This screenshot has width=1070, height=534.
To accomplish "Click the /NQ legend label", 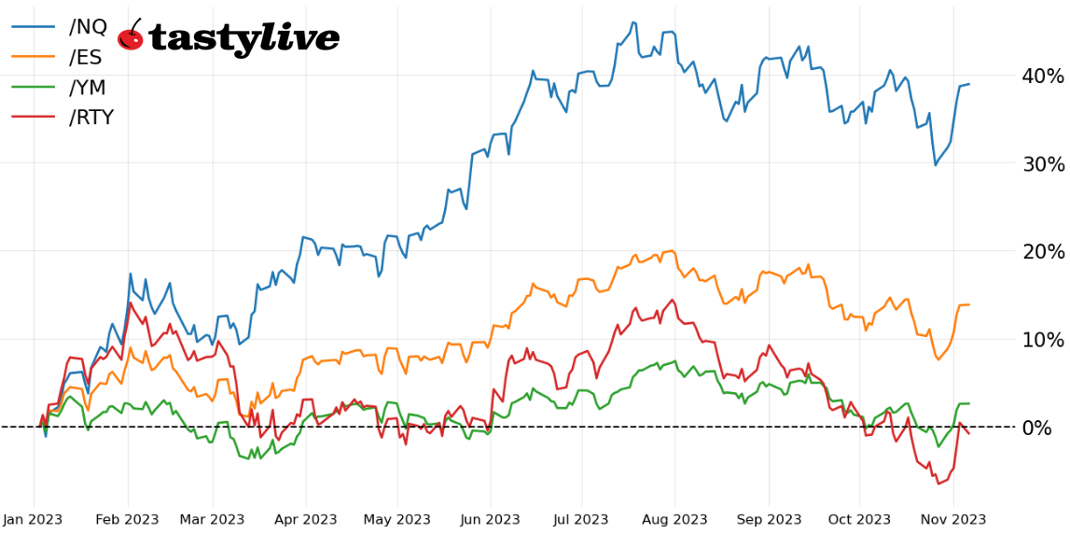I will (x=88, y=27).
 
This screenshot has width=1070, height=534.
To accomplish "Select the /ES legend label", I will (x=86, y=57).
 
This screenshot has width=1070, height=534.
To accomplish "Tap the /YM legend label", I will (x=88, y=87).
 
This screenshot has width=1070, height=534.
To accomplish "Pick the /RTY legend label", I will (x=91, y=117).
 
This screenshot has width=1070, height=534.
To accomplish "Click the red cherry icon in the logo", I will (x=131, y=37).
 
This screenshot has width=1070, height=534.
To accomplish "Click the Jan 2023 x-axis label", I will (x=35, y=519).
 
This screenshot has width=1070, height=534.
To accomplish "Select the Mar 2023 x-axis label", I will (x=212, y=519).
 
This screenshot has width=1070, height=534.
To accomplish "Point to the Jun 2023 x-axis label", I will (x=490, y=519).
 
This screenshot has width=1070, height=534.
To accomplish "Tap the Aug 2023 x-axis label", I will (x=675, y=519).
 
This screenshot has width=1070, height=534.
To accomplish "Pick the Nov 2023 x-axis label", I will (x=953, y=519).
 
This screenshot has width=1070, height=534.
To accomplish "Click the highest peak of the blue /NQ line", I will (x=633, y=22).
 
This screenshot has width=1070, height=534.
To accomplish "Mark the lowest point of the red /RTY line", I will (x=938, y=484).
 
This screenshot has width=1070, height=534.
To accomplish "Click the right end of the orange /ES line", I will (x=969, y=304).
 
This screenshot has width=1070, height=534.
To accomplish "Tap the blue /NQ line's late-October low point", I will (x=936, y=165).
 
